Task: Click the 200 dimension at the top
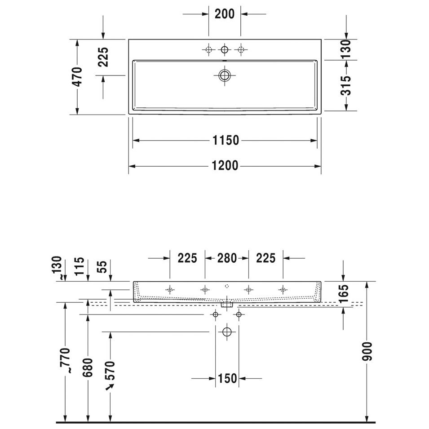point(224,13)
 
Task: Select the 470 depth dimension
point(77,77)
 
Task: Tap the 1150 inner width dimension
point(226,140)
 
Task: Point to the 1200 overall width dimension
point(225,166)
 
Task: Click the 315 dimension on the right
point(346,85)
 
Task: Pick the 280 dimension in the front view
point(227,258)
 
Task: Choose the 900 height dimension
point(367,351)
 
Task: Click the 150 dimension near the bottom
point(227,379)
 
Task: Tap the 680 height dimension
point(88,367)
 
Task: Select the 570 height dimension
point(110,371)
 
